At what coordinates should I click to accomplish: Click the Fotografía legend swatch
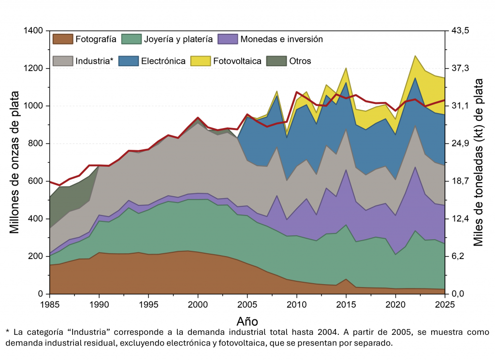coord(62,39)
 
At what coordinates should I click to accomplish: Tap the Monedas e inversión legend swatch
coord(228,39)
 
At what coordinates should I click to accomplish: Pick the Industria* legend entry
coord(94,61)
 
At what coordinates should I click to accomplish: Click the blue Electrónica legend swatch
coord(128,61)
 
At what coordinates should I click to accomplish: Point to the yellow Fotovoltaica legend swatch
coord(200,61)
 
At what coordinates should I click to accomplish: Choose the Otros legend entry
coord(300,61)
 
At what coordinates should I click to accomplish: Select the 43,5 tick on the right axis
coord(460,31)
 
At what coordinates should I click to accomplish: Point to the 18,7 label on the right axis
coord(460,181)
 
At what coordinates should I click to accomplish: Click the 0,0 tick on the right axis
coord(458,294)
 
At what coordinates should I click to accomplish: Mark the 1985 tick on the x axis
coord(50,304)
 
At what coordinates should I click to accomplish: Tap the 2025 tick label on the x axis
coord(445,304)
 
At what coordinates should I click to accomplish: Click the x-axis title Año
coord(247,321)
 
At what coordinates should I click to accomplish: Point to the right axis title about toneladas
coord(479,162)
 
